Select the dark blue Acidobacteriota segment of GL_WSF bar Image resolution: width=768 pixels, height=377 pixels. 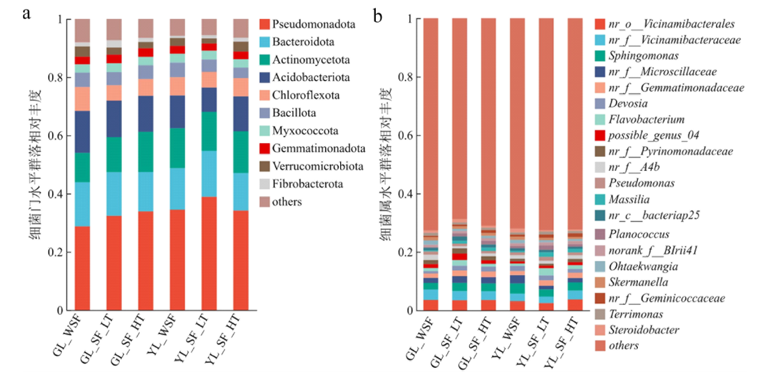tap(82, 132)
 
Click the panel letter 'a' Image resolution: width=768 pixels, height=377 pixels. tap(26, 13)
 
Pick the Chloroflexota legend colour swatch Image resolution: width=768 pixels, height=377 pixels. tap(264, 95)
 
